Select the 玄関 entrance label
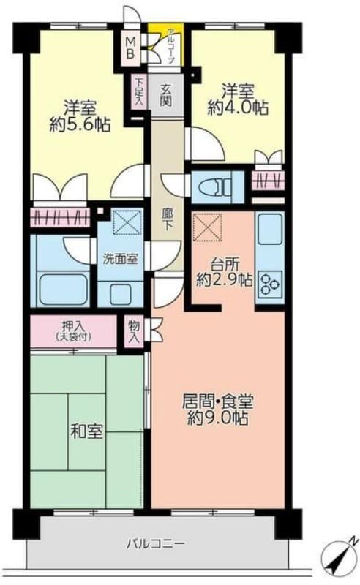click(166, 95)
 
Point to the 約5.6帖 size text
click(80, 124)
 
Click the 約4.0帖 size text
click(238, 107)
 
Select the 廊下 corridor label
click(167, 219)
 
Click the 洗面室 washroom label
click(120, 259)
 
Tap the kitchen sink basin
click(269, 229)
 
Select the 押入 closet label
click(74, 326)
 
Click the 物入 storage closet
click(134, 331)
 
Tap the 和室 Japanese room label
click(86, 431)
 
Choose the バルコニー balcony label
click(154, 543)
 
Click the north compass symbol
click(339, 556)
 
